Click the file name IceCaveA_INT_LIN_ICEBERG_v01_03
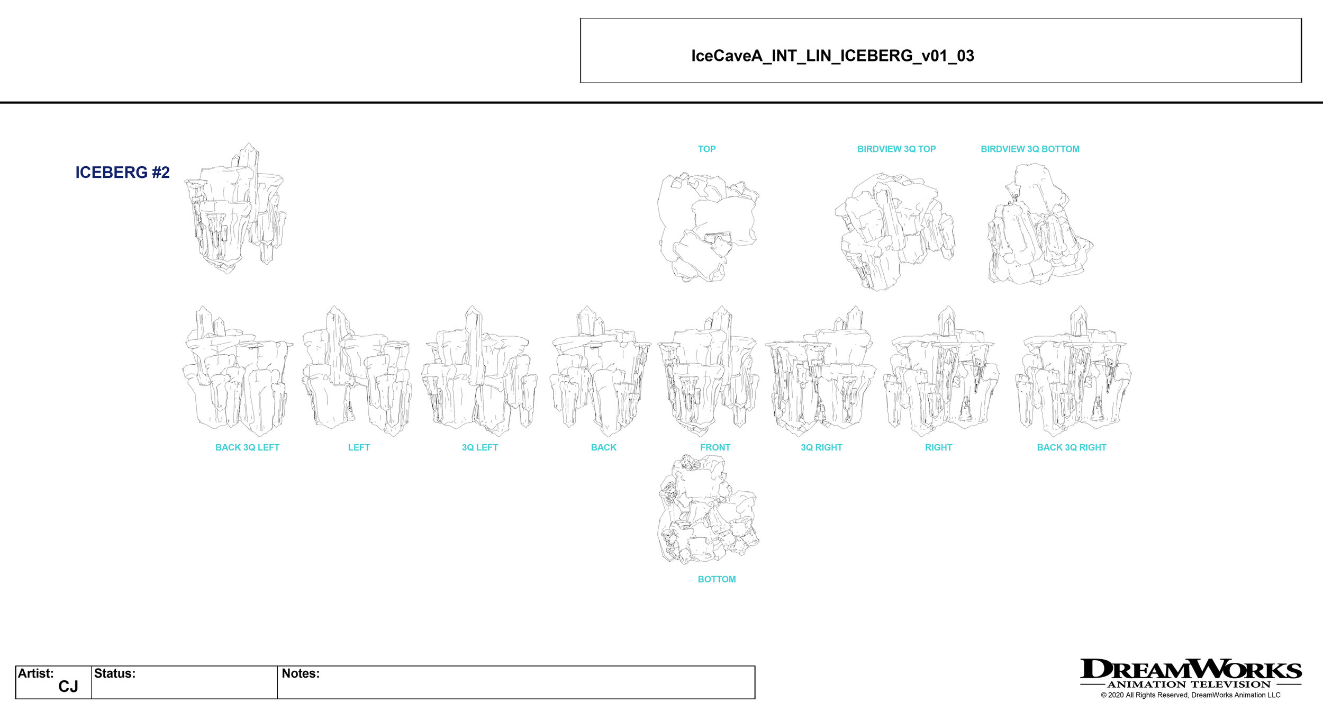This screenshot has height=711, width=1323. pos(832,56)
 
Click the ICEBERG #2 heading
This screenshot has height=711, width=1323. pos(122,173)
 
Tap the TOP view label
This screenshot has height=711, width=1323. pos(706,149)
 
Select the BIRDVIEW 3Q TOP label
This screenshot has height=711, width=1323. pos(896,149)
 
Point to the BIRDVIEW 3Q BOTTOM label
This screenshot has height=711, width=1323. pos(1030,149)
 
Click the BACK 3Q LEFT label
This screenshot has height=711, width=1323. pos(247,447)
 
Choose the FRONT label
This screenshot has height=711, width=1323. pos(715,447)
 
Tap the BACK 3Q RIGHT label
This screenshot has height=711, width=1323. pos(1071,447)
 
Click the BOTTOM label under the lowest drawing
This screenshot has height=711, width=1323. pos(717,579)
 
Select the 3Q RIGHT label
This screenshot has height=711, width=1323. pos(821,447)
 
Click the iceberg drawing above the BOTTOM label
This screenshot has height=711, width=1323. pos(708,510)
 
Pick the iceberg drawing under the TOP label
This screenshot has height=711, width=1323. pos(708,227)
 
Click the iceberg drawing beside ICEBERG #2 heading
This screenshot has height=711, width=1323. pos(235,209)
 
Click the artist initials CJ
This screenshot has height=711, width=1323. pos(68,687)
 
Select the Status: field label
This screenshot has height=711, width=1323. pos(115,673)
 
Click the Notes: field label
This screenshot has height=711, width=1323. pos(301,673)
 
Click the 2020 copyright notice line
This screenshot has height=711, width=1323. pos(1190,695)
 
